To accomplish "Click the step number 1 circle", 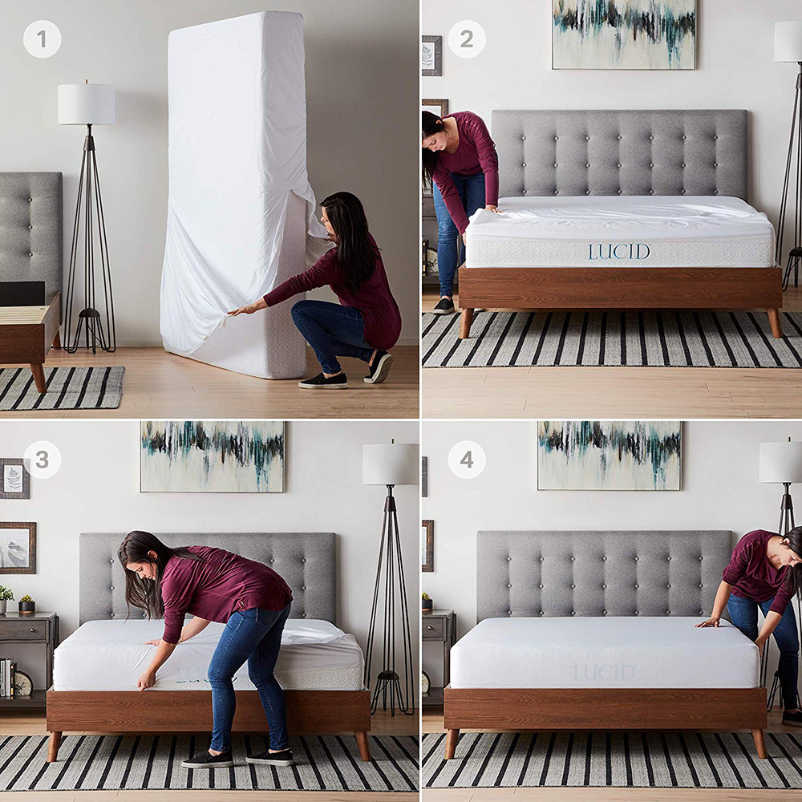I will tap(42, 39).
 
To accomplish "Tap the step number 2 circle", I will tap(466, 39).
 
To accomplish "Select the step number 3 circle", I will tap(42, 460).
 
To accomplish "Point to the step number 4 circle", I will tap(466, 460).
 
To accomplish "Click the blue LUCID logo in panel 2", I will tap(618, 252).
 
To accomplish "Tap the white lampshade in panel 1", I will tap(86, 104).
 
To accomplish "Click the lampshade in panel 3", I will tap(390, 464).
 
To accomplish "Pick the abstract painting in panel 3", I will tap(213, 456).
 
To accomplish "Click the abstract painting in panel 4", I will tap(610, 456).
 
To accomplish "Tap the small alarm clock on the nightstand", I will tap(23, 683).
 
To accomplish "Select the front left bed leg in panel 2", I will tap(466, 322).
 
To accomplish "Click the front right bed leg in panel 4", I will tap(757, 743).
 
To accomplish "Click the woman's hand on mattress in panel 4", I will tap(707, 622).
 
